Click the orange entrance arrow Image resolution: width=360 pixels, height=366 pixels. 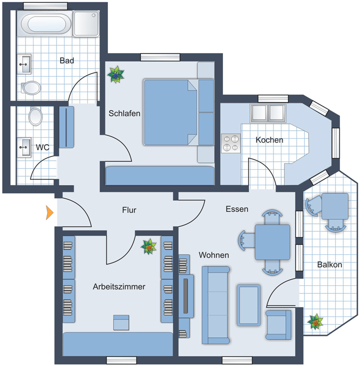coord(49,213)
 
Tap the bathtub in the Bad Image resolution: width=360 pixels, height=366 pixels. coord(46,24)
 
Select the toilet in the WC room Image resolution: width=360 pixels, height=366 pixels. coord(35,116)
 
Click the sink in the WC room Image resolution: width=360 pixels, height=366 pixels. coord(24,147)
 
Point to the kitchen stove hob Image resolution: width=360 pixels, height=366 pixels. coord(230,143)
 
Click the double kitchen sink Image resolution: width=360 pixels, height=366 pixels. coord(268,113)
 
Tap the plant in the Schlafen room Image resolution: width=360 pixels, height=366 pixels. coord(115,75)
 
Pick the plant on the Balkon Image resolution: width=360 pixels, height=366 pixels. coord(315,321)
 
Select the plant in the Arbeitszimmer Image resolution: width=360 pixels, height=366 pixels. coord(148,246)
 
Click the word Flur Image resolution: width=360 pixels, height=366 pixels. coord(129,210)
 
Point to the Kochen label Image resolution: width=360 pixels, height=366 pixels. coord(269,140)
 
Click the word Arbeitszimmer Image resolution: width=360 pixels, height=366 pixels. coord(119,286)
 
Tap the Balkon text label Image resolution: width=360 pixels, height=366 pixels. coord(329,264)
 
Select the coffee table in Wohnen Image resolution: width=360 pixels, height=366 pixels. coord(248,305)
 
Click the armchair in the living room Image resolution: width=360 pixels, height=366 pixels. coord(278,325)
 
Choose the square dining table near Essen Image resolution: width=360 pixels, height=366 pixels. coord(272,242)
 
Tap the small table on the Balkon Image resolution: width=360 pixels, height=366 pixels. coord(335,206)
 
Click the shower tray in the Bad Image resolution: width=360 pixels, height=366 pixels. coord(86,24)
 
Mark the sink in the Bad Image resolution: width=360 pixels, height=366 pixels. coord(24,64)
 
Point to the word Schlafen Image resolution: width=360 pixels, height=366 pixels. coord(124,114)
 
